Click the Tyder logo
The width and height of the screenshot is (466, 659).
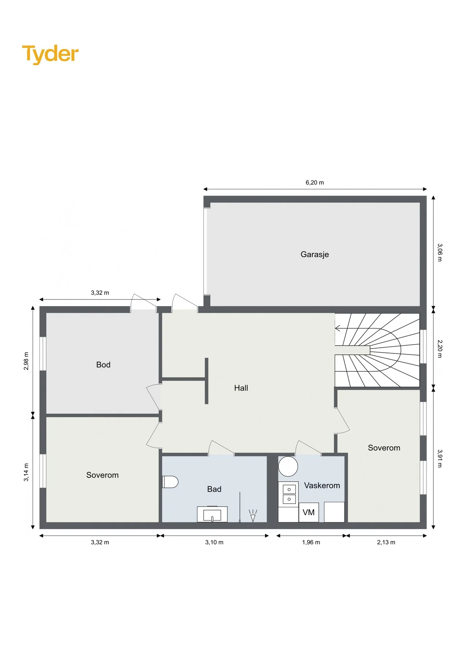51,54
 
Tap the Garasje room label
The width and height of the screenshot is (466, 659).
315,254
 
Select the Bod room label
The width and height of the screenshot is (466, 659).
103,365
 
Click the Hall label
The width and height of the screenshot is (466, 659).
241,388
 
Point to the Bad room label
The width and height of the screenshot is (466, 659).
214,489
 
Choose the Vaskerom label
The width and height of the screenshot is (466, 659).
322,485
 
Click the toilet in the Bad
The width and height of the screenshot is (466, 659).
170,482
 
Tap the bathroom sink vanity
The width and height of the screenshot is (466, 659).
212,514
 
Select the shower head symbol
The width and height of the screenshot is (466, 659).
253,515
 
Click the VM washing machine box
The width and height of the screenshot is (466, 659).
309,512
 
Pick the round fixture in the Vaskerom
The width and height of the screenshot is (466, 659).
288,466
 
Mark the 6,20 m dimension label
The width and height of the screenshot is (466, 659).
315,183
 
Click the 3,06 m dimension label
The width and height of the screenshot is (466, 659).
440,253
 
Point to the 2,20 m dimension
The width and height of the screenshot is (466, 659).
440,349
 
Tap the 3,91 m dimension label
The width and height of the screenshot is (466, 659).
440,459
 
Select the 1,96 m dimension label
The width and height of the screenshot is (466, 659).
311,542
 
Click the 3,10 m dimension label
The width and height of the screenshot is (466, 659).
214,542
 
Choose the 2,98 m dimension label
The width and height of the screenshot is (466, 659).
26,361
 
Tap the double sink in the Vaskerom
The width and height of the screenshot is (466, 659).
289,494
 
